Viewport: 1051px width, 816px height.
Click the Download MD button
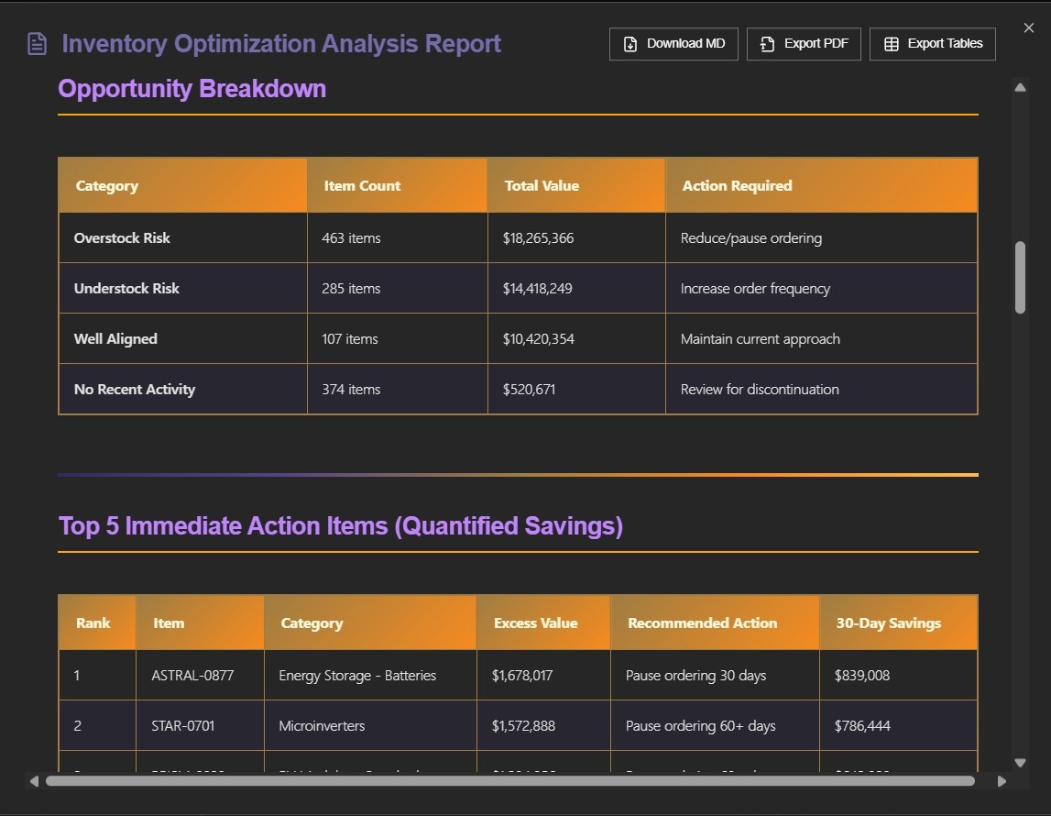click(x=673, y=44)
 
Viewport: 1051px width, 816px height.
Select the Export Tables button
click(x=932, y=44)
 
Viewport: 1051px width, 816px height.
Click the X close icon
click(x=1028, y=28)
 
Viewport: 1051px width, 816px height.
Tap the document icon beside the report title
click(x=37, y=44)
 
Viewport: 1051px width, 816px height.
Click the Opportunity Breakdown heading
click(x=192, y=89)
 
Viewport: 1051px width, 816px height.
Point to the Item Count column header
click(x=362, y=185)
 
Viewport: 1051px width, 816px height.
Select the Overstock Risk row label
click(x=122, y=238)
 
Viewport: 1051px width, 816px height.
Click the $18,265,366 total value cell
click(x=538, y=238)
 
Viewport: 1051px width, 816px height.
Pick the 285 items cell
click(x=351, y=289)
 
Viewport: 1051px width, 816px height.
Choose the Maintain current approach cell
click(x=760, y=339)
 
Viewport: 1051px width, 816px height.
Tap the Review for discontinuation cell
click(x=759, y=390)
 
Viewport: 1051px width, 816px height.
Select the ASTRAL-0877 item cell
click(x=192, y=676)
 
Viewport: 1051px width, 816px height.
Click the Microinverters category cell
click(x=322, y=726)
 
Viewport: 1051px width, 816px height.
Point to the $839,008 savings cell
click(x=861, y=676)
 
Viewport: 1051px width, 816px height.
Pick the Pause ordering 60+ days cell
click(x=700, y=726)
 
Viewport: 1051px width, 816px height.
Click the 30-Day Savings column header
click(x=888, y=623)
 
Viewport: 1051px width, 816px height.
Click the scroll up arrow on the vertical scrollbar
click(x=1020, y=87)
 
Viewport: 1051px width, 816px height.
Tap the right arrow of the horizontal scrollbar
click(x=1002, y=781)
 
